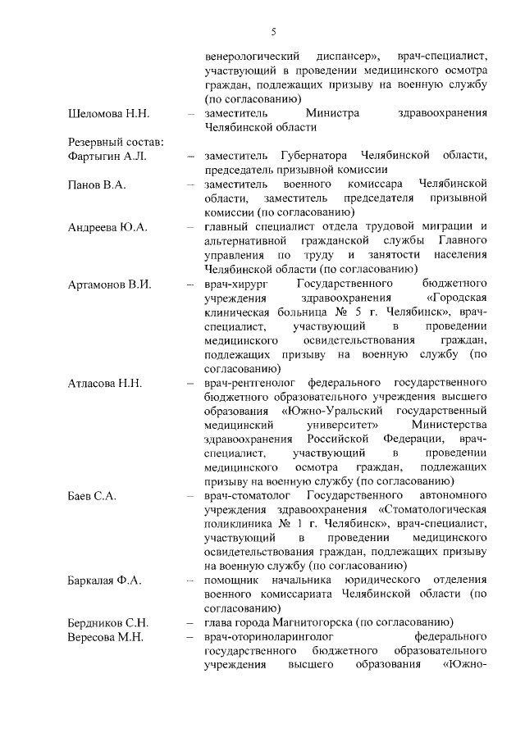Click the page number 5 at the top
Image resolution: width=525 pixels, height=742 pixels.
coord(274,32)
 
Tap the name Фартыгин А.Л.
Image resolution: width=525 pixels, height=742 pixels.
coord(107,156)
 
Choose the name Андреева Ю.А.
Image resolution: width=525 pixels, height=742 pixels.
coord(107,227)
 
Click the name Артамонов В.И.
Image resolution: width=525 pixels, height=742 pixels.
coord(110,284)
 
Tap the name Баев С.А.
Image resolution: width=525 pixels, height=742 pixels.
coord(92,497)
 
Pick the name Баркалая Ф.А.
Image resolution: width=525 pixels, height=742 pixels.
coord(106,580)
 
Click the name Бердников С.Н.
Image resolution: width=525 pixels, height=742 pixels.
coord(108,623)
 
